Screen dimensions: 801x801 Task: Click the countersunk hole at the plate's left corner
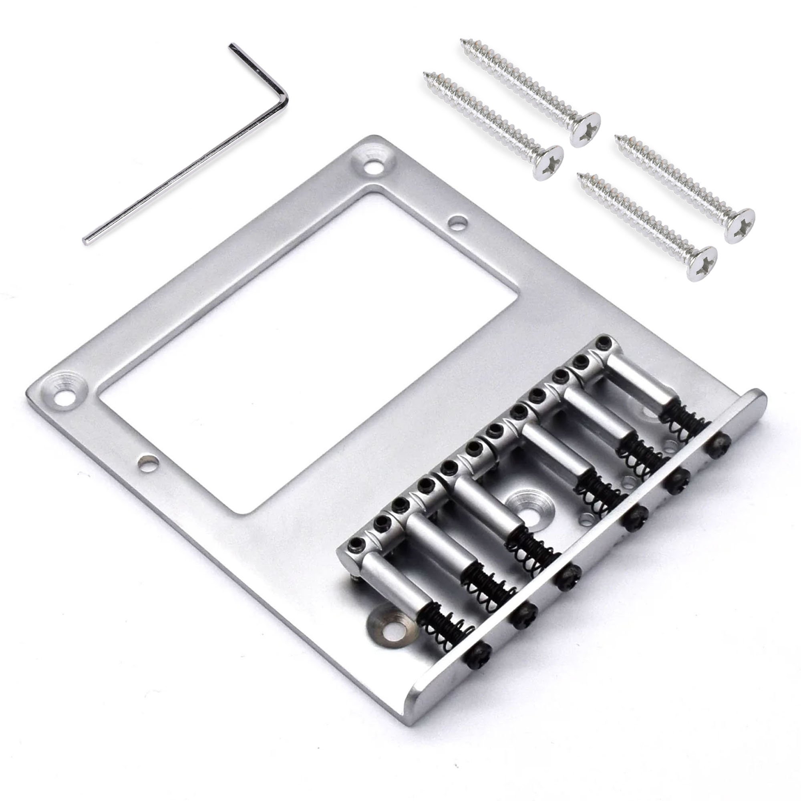(63, 390)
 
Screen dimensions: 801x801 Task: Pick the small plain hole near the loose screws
(457, 222)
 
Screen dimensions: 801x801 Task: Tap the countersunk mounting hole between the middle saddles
(525, 505)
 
